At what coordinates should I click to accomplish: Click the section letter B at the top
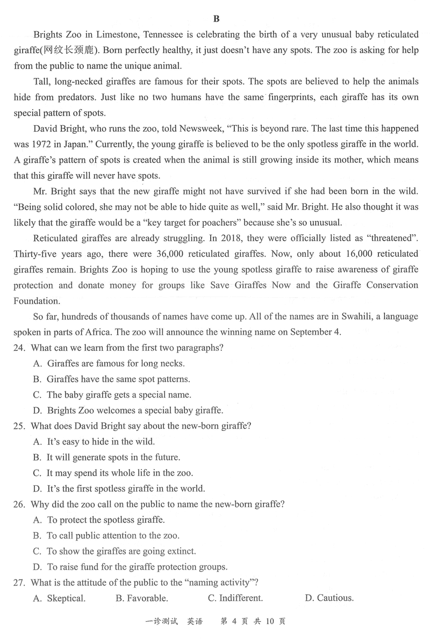pos(216,19)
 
